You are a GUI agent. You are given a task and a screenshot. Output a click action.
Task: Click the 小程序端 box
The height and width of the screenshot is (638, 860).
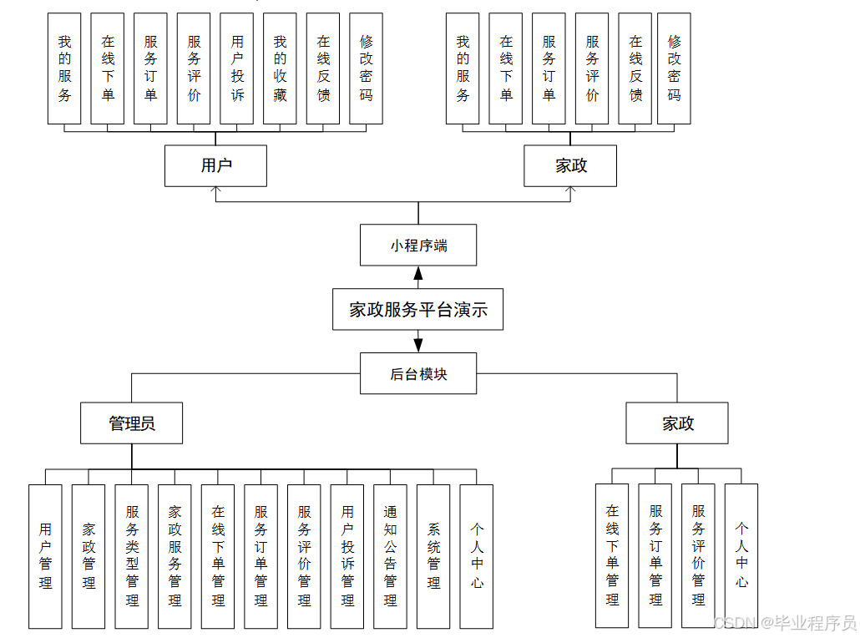click(x=418, y=246)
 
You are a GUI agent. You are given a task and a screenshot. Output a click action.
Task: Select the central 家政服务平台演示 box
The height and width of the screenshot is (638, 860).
click(x=418, y=310)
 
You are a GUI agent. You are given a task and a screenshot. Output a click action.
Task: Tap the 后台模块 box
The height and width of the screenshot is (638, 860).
click(x=418, y=373)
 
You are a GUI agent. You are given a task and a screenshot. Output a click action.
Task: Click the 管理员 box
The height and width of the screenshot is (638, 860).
click(x=132, y=423)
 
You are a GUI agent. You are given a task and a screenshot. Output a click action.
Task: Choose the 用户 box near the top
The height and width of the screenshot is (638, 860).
click(x=215, y=165)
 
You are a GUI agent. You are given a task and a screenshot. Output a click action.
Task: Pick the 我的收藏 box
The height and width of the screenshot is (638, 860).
click(x=280, y=68)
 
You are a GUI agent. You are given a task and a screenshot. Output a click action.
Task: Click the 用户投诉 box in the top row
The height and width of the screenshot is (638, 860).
click(x=237, y=68)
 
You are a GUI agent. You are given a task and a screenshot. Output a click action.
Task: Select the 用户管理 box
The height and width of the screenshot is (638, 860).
click(x=45, y=556)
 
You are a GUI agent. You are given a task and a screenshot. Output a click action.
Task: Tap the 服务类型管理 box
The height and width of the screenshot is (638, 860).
click(x=132, y=556)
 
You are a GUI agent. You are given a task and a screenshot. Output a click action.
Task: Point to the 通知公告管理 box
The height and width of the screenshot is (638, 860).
click(x=390, y=556)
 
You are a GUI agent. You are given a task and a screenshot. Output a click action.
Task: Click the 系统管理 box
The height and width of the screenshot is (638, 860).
click(x=433, y=556)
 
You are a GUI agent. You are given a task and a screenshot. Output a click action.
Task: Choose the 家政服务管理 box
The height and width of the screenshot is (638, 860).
click(x=175, y=556)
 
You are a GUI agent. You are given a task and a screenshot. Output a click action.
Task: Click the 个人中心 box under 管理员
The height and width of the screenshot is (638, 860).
click(x=477, y=556)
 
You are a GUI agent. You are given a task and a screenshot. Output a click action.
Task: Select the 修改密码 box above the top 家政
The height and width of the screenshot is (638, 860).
click(x=674, y=68)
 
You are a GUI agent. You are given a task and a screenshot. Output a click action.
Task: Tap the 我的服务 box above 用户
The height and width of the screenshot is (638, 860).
click(x=64, y=68)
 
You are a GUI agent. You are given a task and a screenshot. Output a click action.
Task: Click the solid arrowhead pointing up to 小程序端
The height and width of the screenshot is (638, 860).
click(x=418, y=273)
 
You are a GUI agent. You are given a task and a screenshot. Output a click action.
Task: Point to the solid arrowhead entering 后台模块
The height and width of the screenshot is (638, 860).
click(x=418, y=345)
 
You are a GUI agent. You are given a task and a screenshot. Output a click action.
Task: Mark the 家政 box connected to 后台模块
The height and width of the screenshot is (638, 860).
click(x=677, y=423)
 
